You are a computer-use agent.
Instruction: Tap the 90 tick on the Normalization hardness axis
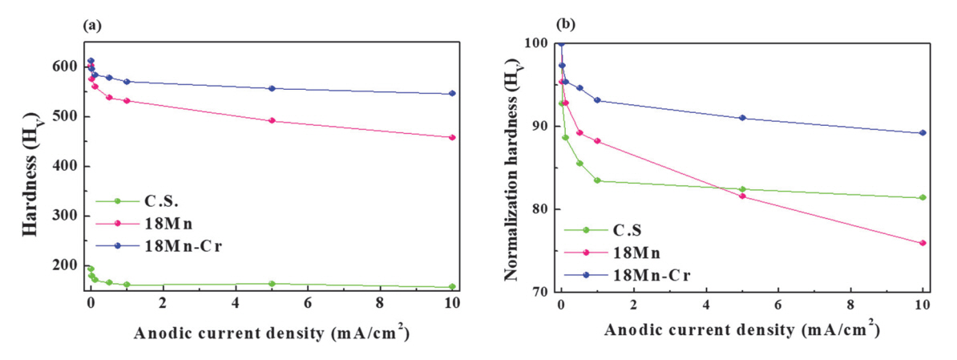546,126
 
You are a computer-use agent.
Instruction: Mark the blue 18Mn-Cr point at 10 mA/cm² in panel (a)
452,94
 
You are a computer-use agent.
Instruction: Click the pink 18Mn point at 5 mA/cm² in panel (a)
272,121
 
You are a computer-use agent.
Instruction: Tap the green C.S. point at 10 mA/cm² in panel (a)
452,287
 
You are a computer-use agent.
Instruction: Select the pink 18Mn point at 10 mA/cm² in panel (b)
923,243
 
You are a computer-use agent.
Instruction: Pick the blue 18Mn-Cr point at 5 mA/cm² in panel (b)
742,118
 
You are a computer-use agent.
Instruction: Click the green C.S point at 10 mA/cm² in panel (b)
923,197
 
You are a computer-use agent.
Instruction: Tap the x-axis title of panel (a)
272,333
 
